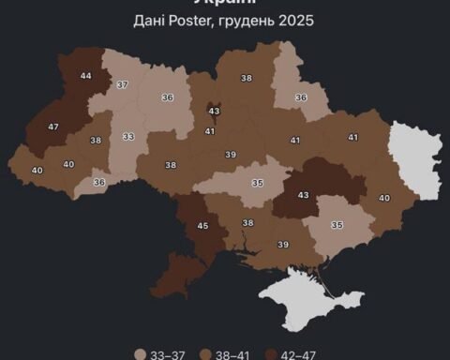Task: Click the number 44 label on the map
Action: tap(86, 76)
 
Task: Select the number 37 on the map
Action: tap(122, 85)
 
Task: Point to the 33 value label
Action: tap(128, 137)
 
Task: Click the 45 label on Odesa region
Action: tap(202, 225)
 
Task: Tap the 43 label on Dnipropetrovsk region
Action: tap(303, 194)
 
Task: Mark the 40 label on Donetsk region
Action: tap(384, 198)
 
